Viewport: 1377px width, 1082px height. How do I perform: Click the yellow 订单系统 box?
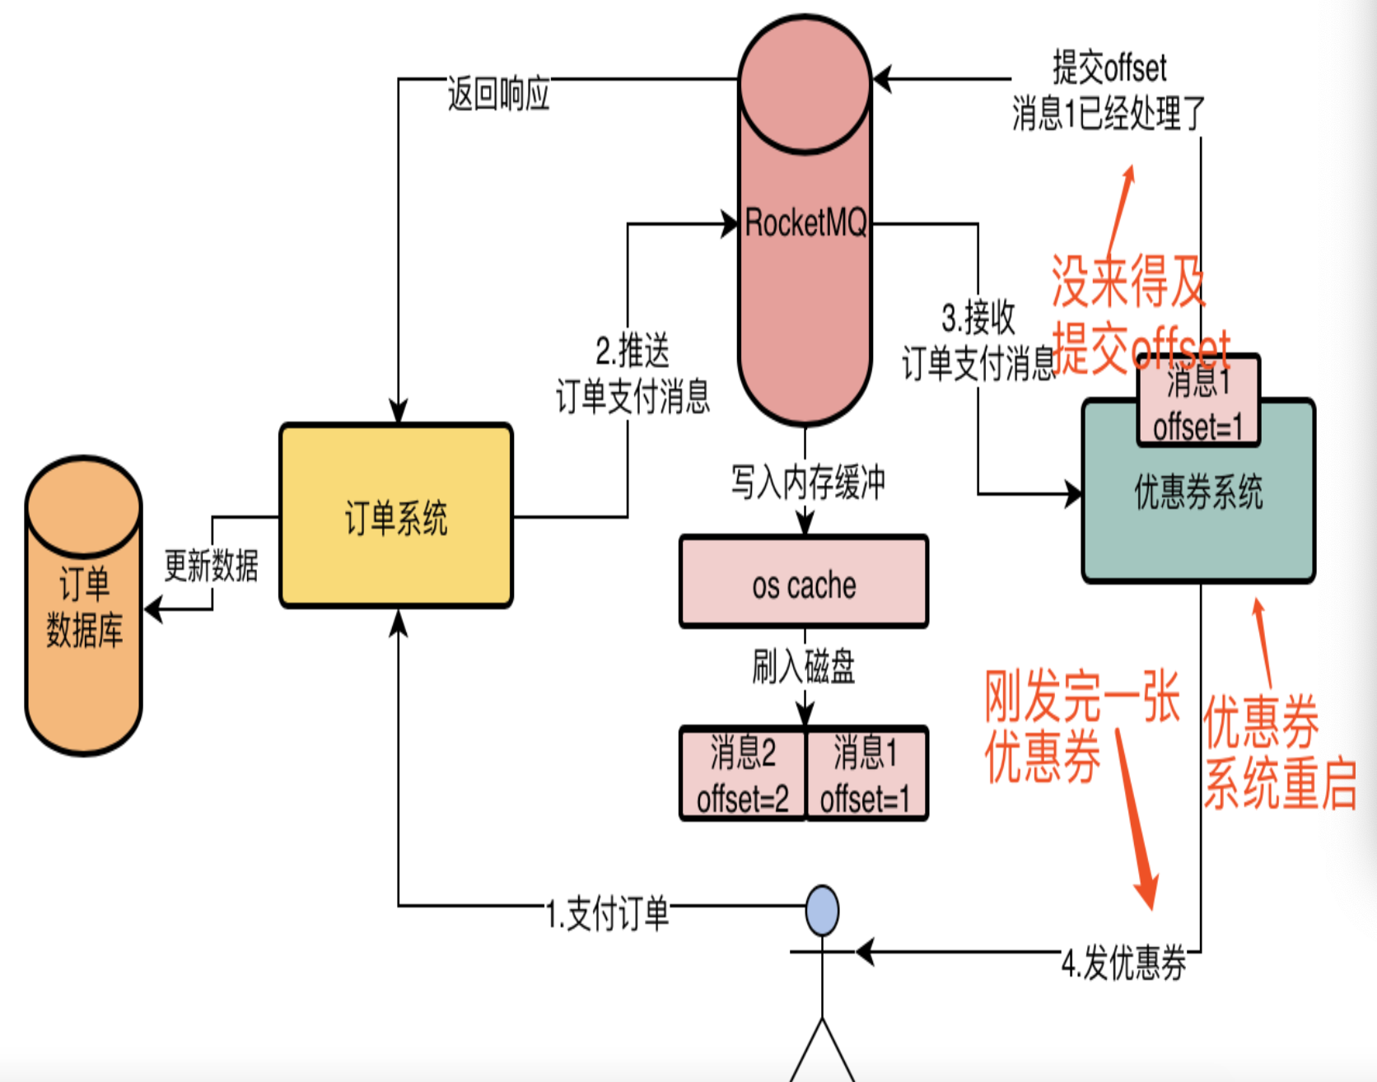(x=396, y=516)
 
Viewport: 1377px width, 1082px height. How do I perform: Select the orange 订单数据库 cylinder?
(x=84, y=605)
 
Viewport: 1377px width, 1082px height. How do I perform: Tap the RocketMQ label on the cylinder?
(x=805, y=222)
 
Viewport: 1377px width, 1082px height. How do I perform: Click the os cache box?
(x=804, y=581)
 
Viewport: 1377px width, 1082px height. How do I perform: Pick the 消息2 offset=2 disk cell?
(x=742, y=774)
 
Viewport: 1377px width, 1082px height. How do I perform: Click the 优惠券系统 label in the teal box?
(x=1198, y=492)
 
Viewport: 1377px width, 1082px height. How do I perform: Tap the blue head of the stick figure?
(x=822, y=911)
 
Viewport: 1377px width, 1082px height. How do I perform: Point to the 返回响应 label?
(x=498, y=94)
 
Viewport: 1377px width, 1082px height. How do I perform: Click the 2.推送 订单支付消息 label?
(x=632, y=374)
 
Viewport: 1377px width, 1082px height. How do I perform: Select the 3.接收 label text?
(x=978, y=318)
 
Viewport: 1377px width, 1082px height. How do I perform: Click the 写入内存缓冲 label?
(x=808, y=482)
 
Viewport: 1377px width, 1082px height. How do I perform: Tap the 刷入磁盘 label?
(x=804, y=666)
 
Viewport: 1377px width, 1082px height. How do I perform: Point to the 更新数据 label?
(x=211, y=566)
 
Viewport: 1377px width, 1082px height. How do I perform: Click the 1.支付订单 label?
(x=608, y=914)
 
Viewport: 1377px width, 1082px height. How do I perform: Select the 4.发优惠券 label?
(x=1123, y=962)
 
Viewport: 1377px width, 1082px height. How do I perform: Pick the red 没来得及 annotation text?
(x=1128, y=281)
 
